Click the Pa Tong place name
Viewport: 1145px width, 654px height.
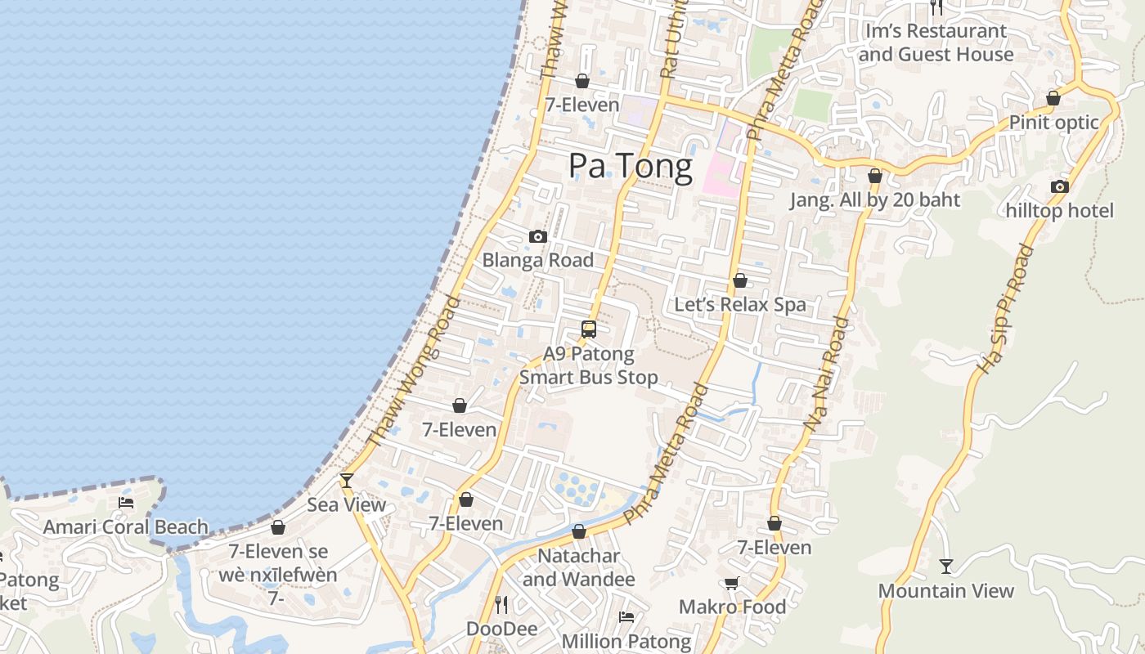[631, 166]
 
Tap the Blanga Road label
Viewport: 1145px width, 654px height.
[537, 260]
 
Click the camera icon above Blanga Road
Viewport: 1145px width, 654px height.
[537, 236]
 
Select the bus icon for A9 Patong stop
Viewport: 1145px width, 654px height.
[589, 329]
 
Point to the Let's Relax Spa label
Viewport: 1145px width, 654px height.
[739, 305]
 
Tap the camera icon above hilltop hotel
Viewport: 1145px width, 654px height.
[1059, 186]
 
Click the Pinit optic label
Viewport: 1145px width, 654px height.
[1053, 123]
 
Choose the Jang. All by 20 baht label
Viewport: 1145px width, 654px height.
[874, 200]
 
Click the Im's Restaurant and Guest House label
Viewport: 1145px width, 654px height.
[936, 43]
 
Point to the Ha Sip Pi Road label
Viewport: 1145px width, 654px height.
[1007, 309]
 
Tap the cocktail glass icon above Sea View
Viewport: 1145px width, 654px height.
[347, 480]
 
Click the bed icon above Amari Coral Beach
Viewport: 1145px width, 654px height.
[126, 502]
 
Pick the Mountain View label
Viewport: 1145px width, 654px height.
[945, 591]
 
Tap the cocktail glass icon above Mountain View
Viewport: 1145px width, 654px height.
[946, 566]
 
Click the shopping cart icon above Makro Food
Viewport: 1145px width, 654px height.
[732, 583]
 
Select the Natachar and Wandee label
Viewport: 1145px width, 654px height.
[578, 567]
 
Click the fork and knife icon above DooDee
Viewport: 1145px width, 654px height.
[501, 604]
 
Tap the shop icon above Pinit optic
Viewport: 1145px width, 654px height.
[1053, 98]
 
